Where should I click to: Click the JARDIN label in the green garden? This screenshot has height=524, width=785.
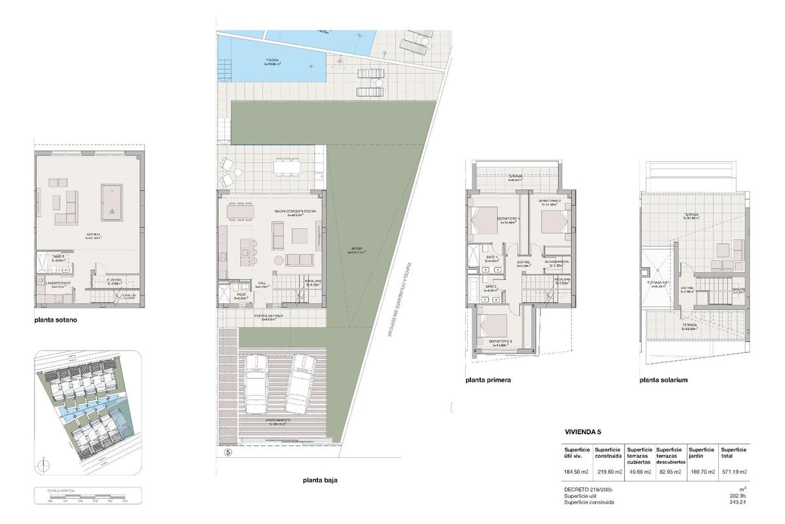[x=357, y=250]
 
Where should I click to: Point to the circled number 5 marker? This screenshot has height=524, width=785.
[x=228, y=452]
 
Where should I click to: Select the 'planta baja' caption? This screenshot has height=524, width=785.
[x=320, y=480]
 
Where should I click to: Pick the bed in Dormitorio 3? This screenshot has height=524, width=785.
[x=491, y=326]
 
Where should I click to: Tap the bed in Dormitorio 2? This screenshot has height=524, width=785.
[x=555, y=220]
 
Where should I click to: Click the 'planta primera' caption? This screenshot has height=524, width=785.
[x=488, y=380]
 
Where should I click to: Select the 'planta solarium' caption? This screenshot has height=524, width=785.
[x=664, y=380]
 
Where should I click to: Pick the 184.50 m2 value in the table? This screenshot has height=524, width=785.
[x=576, y=472]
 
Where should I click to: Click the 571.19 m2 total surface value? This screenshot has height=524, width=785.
[x=733, y=472]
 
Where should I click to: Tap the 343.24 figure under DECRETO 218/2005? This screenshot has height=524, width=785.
[x=739, y=502]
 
